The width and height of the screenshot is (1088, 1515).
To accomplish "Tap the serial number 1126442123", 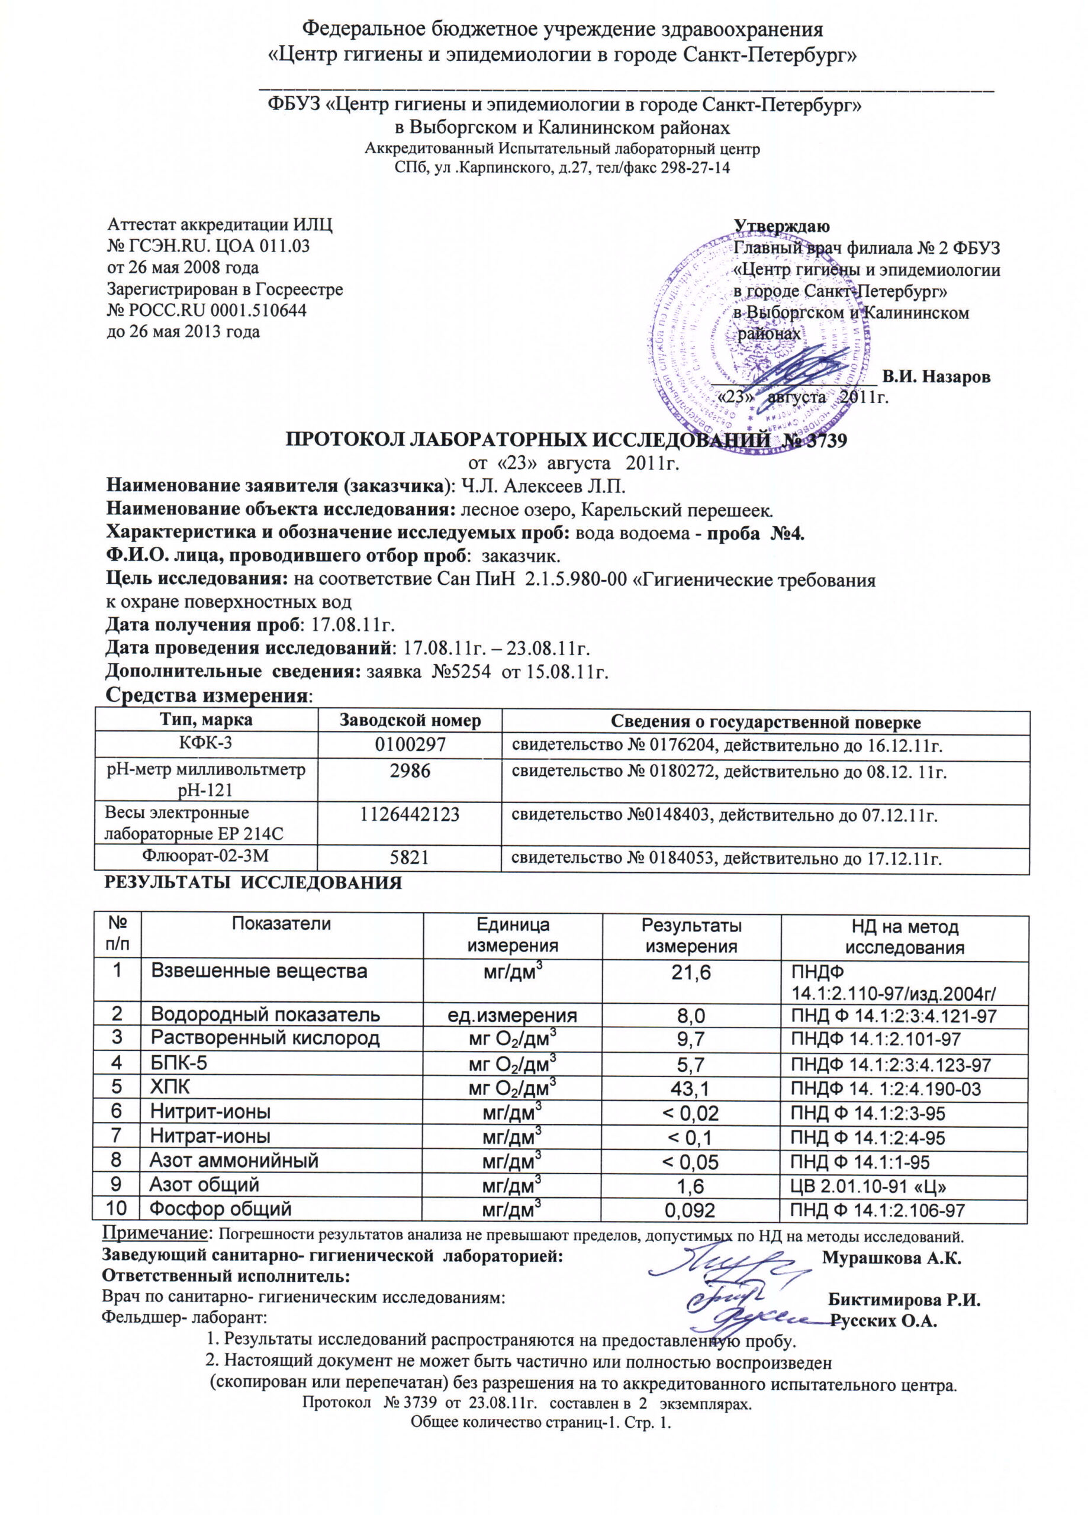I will tap(410, 814).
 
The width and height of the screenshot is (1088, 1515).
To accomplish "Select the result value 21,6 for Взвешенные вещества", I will tap(691, 972).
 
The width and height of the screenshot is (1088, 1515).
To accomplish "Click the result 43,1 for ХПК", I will tap(690, 1089).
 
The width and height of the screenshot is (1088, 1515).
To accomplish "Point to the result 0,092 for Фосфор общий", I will tap(690, 1210).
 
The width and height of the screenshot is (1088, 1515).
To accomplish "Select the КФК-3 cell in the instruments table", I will tap(206, 743).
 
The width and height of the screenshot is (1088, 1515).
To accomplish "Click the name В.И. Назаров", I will tap(936, 377).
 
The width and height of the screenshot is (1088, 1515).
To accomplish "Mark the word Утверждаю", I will tap(782, 227).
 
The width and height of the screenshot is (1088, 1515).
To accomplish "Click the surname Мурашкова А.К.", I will tap(891, 1258).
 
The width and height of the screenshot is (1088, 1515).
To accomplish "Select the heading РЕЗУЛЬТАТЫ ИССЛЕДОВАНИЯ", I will tap(253, 882).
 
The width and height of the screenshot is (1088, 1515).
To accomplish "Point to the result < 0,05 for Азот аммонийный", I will tap(690, 1162).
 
